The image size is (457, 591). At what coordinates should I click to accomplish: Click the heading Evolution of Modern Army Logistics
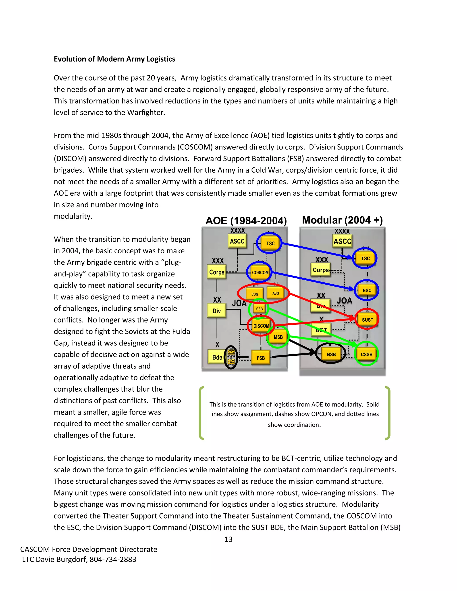pyautogui.click(x=114, y=59)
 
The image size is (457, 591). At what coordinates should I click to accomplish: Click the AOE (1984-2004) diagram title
pyautogui.click(x=246, y=221)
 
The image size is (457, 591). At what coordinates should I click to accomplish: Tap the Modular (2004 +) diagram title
pyautogui.click(x=342, y=220)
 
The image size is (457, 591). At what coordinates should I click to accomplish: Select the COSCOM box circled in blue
pyautogui.click(x=260, y=273)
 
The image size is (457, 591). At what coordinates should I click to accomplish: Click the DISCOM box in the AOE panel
pyautogui.click(x=261, y=326)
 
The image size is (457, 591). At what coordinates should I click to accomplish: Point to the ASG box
pyautogui.click(x=275, y=293)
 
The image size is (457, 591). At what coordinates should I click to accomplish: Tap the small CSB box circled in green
pyautogui.click(x=259, y=309)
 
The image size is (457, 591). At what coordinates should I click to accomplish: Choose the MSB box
pyautogui.click(x=278, y=337)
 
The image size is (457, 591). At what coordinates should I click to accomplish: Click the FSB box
pyautogui.click(x=260, y=358)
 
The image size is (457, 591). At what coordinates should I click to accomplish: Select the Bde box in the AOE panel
pyautogui.click(x=217, y=357)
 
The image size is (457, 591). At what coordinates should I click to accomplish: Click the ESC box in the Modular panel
pyautogui.click(x=367, y=290)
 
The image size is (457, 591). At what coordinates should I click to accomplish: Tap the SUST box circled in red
pyautogui.click(x=367, y=320)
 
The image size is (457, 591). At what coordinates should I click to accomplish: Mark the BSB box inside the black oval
pyautogui.click(x=331, y=354)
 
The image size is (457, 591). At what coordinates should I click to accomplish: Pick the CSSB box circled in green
pyautogui.click(x=366, y=354)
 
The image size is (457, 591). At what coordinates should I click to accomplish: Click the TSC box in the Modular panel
pyautogui.click(x=365, y=258)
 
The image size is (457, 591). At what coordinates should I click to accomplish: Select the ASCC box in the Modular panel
pyautogui.click(x=342, y=241)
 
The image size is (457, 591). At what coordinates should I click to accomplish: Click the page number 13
pyautogui.click(x=228, y=539)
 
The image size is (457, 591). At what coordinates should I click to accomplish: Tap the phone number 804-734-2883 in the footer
pyautogui.click(x=113, y=559)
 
